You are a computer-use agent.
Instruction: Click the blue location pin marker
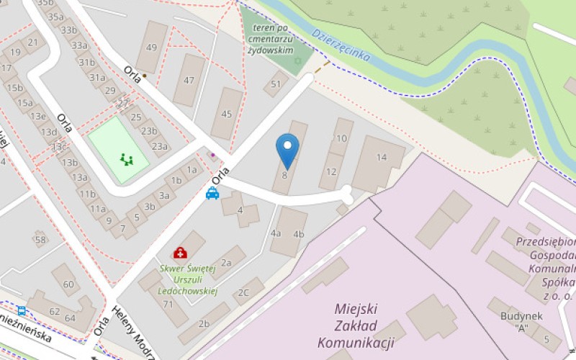pos(287,150)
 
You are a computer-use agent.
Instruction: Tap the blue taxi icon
pos(212,193)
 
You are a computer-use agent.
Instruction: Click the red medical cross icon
pos(179,253)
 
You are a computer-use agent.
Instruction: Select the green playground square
pos(118,150)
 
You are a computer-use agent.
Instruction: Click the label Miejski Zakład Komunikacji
pos(355,325)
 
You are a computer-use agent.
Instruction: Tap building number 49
pos(151,48)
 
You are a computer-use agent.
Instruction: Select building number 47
pos(189,80)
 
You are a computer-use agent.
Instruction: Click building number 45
pos(227,114)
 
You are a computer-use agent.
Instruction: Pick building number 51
pos(276,84)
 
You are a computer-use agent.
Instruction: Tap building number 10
pos(341,141)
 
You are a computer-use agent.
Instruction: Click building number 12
pos(331,172)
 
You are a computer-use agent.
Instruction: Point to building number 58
pos(40,240)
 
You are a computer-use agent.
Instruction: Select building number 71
pos(168,304)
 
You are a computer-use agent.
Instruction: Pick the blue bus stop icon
pos(22,312)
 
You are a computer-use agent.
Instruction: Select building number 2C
pos(245,292)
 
